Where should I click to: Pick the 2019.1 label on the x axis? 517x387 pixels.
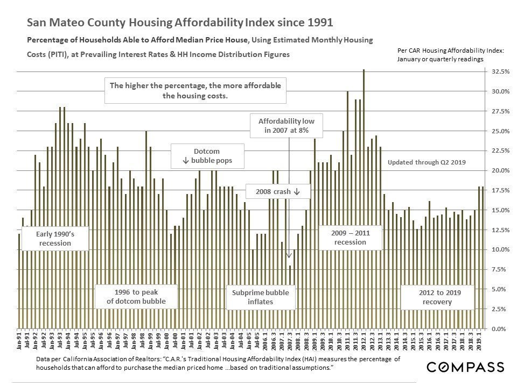tap(479, 341)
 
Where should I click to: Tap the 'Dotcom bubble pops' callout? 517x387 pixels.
tap(207, 156)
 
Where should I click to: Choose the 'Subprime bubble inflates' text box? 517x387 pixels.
tap(261, 297)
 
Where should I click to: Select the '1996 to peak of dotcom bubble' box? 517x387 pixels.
tap(136, 297)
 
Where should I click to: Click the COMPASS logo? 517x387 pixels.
tap(465, 367)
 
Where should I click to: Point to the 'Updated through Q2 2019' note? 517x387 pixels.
tap(427, 162)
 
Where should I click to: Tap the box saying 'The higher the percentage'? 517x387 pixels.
tap(195, 90)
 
